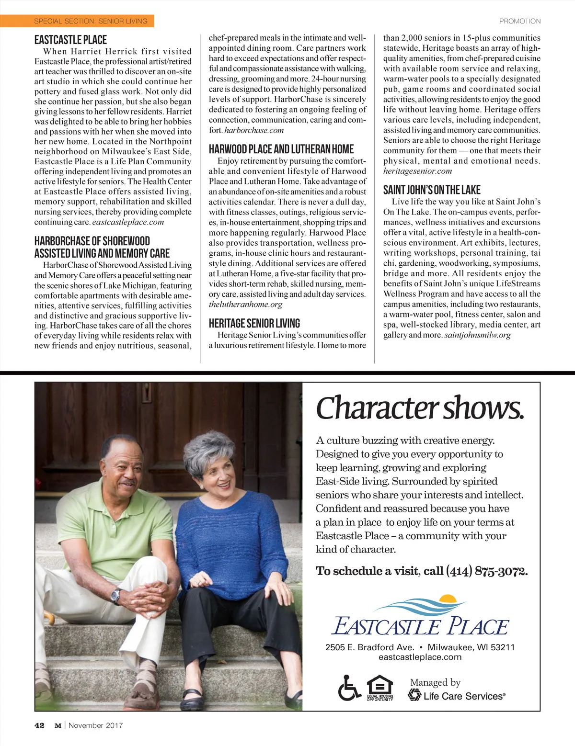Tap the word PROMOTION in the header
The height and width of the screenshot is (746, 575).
point(519,21)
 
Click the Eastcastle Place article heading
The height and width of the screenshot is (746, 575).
point(70,40)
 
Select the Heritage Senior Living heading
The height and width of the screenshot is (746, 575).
point(254,323)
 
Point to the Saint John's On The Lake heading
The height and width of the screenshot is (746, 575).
point(431,190)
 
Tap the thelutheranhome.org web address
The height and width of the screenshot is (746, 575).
point(245,305)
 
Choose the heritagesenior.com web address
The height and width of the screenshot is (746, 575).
point(417,171)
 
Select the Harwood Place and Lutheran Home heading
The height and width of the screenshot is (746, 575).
point(281,149)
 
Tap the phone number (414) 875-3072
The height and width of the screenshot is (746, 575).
point(486,571)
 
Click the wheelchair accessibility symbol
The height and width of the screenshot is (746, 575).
point(349,689)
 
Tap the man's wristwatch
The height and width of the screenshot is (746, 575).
point(115,596)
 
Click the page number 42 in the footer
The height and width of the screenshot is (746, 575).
point(39,725)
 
